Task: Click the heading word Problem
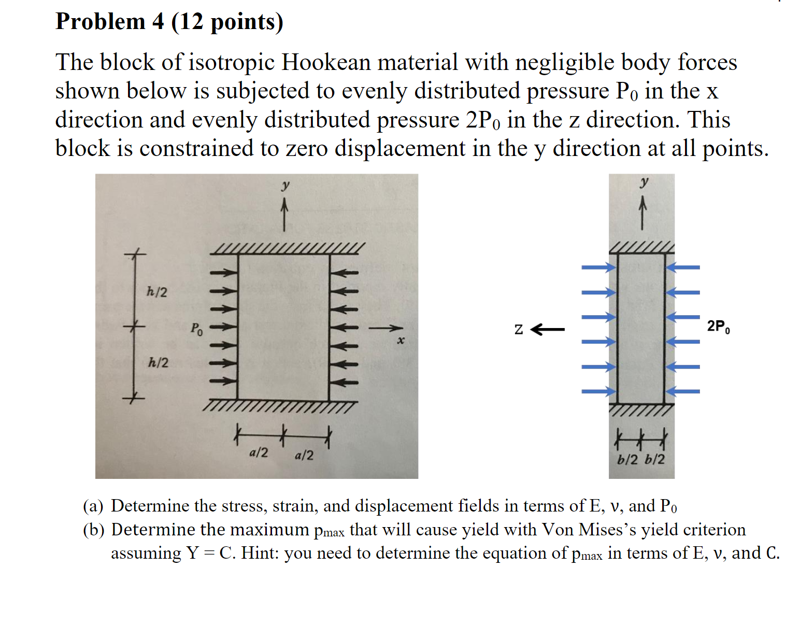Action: point(101,22)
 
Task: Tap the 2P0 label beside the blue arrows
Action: point(719,327)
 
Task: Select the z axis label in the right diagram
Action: point(519,330)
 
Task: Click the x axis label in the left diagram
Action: point(400,341)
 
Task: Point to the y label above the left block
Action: point(285,185)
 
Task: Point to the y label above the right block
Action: point(644,182)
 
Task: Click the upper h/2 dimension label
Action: point(157,292)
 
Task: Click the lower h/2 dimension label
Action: point(158,362)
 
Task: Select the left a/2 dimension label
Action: point(259,453)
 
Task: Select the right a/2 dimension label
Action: point(304,456)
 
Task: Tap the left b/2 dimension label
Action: point(627,460)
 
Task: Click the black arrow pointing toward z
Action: point(548,329)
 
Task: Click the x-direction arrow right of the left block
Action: point(385,328)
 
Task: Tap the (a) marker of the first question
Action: point(93,506)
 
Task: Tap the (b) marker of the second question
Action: point(94,530)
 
